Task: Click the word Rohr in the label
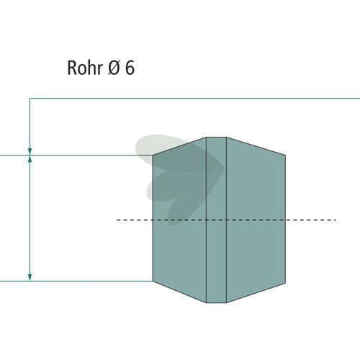point(85,68)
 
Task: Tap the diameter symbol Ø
point(114,68)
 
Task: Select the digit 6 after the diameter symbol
point(130,68)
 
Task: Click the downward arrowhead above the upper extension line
point(30,151)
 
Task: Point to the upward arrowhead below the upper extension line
point(30,159)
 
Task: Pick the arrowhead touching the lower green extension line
point(30,277)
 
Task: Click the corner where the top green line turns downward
point(30,99)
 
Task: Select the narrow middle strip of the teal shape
point(216,220)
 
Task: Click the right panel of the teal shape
point(256,220)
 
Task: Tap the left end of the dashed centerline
point(117,220)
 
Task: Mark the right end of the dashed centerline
point(336,220)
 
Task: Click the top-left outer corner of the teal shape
point(153,156)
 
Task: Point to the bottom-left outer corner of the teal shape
point(153,281)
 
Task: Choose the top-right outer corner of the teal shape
point(285,156)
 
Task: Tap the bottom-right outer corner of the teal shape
point(285,283)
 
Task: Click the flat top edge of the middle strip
point(216,138)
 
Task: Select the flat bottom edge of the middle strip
point(216,302)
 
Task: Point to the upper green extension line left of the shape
point(76,156)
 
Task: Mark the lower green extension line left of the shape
point(76,281)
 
